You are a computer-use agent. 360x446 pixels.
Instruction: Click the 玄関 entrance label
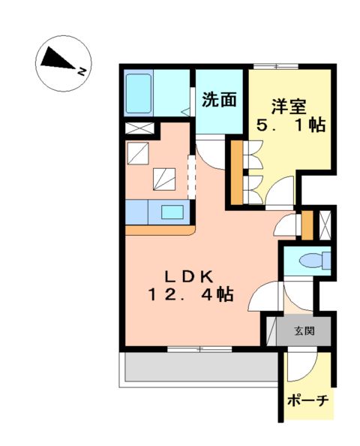pos(304,330)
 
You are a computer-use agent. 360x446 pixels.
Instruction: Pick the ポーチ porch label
pos(308,400)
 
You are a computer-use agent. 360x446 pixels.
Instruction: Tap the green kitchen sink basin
pos(172,212)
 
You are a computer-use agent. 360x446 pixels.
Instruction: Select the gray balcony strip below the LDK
pos(199,368)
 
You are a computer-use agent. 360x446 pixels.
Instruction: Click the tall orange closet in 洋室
pos(236,172)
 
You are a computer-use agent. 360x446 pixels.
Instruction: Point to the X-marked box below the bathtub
pos(139,128)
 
